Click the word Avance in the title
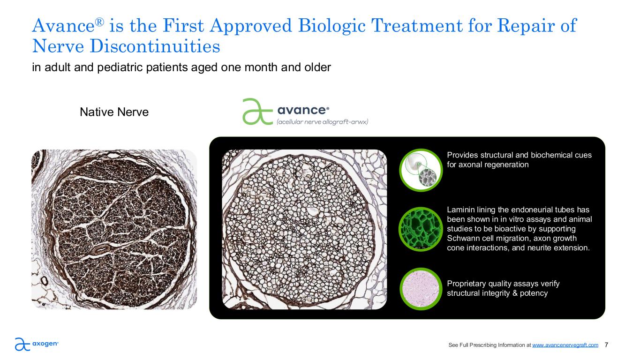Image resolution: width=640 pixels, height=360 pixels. tap(64, 25)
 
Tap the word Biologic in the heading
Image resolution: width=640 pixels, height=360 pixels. tap(331, 25)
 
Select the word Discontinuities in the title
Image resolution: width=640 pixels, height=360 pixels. tap(155, 46)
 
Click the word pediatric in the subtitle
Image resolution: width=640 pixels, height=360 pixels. tap(120, 67)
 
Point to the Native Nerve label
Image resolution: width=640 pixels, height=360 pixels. tap(114, 112)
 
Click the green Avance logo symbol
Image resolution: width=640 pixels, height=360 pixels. tap(257, 112)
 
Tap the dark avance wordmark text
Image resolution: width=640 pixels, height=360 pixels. tap(303, 110)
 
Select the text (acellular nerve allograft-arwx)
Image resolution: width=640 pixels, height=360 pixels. tap(322, 122)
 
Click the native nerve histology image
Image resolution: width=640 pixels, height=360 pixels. tap(114, 229)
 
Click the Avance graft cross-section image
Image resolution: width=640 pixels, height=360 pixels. tap(304, 229)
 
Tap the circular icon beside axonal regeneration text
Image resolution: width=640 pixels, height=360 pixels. tap(421, 170)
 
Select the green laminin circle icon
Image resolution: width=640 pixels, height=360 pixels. tap(421, 229)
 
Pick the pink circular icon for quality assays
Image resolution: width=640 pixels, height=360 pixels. tap(421, 289)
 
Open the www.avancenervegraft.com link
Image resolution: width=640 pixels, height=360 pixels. tap(565, 345)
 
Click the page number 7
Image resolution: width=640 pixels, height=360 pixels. tap(606, 345)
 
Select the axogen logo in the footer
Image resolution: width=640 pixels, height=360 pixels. tap(37, 344)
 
